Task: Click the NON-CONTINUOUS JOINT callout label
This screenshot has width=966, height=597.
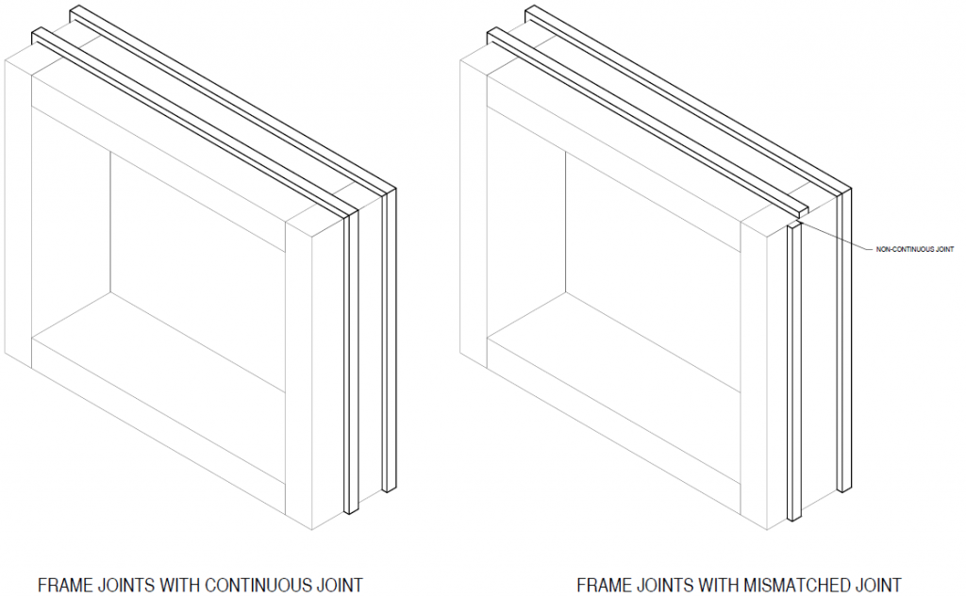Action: [x=915, y=250]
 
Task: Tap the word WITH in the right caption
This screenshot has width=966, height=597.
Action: [x=718, y=585]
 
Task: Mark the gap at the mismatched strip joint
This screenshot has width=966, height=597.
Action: [x=798, y=220]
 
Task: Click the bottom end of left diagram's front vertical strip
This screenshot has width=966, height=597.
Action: [x=351, y=511]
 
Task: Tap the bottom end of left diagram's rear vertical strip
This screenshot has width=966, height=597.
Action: [x=389, y=489]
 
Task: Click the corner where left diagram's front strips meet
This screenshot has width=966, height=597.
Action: [x=351, y=213]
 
